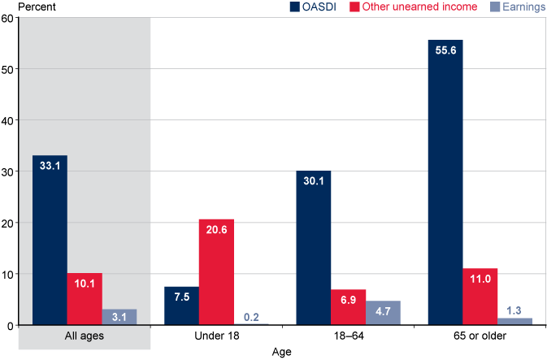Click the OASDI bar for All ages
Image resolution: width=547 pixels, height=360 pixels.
coord(50,240)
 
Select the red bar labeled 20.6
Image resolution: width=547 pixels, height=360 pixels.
coord(216,272)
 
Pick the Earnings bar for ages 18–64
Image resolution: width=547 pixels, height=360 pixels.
coord(383,313)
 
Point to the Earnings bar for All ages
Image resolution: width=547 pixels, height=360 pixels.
coord(119,317)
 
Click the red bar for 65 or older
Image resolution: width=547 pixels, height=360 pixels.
coord(480,297)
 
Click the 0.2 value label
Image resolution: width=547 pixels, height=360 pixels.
coord(251,316)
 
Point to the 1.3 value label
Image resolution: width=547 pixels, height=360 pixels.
coord(514,309)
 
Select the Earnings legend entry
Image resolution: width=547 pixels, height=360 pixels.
coord(517,7)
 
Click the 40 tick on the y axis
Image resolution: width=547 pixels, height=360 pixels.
coord(7,120)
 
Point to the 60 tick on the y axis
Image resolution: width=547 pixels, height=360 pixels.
coord(7,18)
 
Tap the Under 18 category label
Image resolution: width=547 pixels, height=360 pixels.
coord(216,336)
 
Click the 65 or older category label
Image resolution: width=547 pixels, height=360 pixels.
coord(480,336)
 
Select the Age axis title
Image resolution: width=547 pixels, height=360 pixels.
coord(281,352)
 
